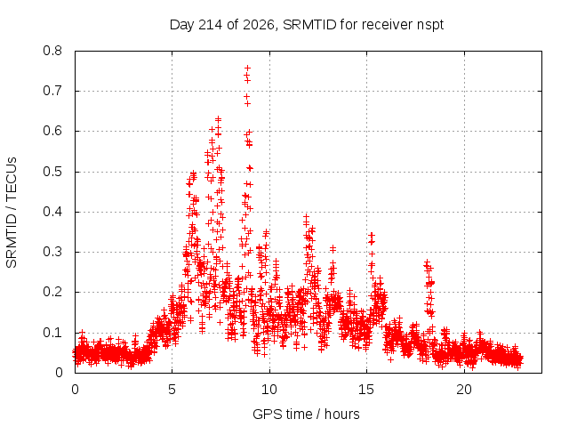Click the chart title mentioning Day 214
(307, 25)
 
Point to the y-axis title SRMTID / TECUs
(12, 213)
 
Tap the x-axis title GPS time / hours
(306, 414)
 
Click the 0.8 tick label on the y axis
(52, 51)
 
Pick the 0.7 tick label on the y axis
(52, 91)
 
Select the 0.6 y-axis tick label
(52, 131)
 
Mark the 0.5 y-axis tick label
(52, 172)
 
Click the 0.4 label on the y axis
(52, 212)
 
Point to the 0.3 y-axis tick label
(52, 252)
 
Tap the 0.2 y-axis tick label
(52, 293)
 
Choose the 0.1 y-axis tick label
(52, 333)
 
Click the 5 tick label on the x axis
(172, 390)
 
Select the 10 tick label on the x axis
(269, 390)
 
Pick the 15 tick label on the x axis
(366, 390)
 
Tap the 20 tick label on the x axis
(464, 390)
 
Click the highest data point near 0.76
(247, 68)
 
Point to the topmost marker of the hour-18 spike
(427, 262)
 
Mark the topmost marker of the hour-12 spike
(306, 217)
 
